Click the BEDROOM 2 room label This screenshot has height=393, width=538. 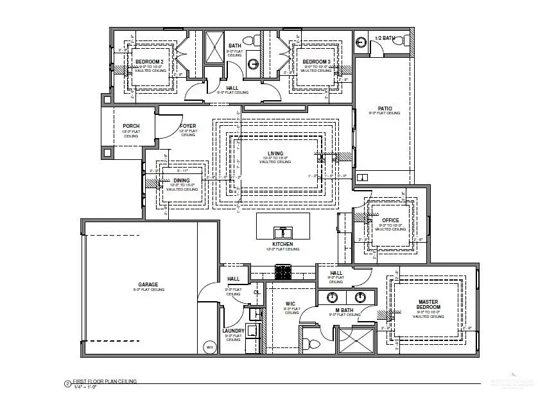[149, 62]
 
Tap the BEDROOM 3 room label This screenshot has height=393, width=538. [317, 62]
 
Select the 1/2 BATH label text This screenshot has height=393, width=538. [384, 39]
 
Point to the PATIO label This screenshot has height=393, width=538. [385, 109]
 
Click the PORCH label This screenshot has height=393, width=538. [131, 126]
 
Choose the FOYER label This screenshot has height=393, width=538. [188, 126]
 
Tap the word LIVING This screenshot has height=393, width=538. [275, 153]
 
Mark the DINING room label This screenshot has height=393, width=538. [182, 180]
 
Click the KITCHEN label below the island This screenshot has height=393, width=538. [282, 244]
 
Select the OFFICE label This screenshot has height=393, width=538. [390, 220]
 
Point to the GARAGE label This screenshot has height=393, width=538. [148, 284]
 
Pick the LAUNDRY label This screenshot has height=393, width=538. [233, 331]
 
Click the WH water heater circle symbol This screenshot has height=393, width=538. [209, 347]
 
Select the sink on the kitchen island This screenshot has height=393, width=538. [282, 231]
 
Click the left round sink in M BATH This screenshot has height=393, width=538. [333, 297]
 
